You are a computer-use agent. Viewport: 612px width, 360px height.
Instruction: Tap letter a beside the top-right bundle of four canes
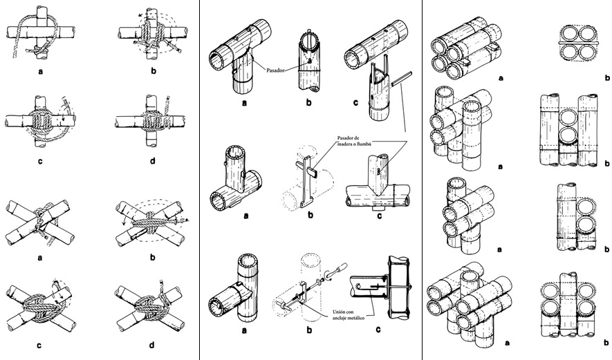click(500, 78)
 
